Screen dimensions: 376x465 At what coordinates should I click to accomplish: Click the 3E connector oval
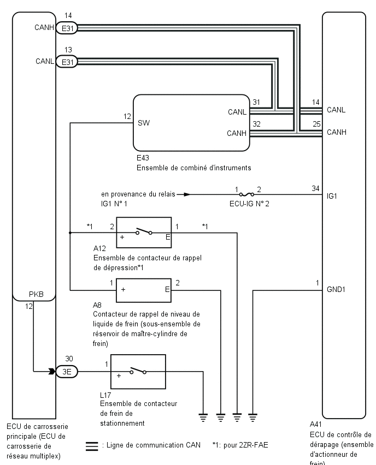point(67,371)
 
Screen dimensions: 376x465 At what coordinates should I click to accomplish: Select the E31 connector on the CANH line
point(67,28)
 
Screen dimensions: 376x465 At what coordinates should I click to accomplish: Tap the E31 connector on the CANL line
point(67,62)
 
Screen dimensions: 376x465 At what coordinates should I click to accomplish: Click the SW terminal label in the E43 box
point(144,123)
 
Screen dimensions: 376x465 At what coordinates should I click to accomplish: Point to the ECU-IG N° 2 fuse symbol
point(246,194)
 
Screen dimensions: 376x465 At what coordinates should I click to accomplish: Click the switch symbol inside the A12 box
point(144,231)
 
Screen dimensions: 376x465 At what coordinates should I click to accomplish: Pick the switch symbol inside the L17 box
point(138,371)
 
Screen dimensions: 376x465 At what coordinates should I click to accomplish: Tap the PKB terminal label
point(36,294)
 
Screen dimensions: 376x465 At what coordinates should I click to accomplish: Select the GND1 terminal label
point(336,289)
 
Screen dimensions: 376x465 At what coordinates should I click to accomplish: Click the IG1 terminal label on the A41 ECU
point(332,196)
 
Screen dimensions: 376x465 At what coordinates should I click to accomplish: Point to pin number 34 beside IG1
point(315,188)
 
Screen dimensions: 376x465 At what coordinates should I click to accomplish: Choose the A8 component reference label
point(97,305)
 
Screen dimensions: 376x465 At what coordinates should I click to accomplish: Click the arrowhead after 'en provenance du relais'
point(187,194)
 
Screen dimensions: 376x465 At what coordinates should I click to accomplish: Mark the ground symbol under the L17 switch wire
point(203,418)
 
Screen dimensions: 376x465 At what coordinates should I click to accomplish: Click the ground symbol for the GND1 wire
point(252,418)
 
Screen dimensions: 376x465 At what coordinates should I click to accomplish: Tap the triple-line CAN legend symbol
point(92,446)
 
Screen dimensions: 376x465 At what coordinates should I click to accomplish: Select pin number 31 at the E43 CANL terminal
point(256,102)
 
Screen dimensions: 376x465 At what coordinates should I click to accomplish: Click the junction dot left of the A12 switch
point(70,233)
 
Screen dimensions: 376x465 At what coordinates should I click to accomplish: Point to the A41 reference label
point(316,425)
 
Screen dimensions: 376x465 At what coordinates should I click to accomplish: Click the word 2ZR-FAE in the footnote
point(254,445)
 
